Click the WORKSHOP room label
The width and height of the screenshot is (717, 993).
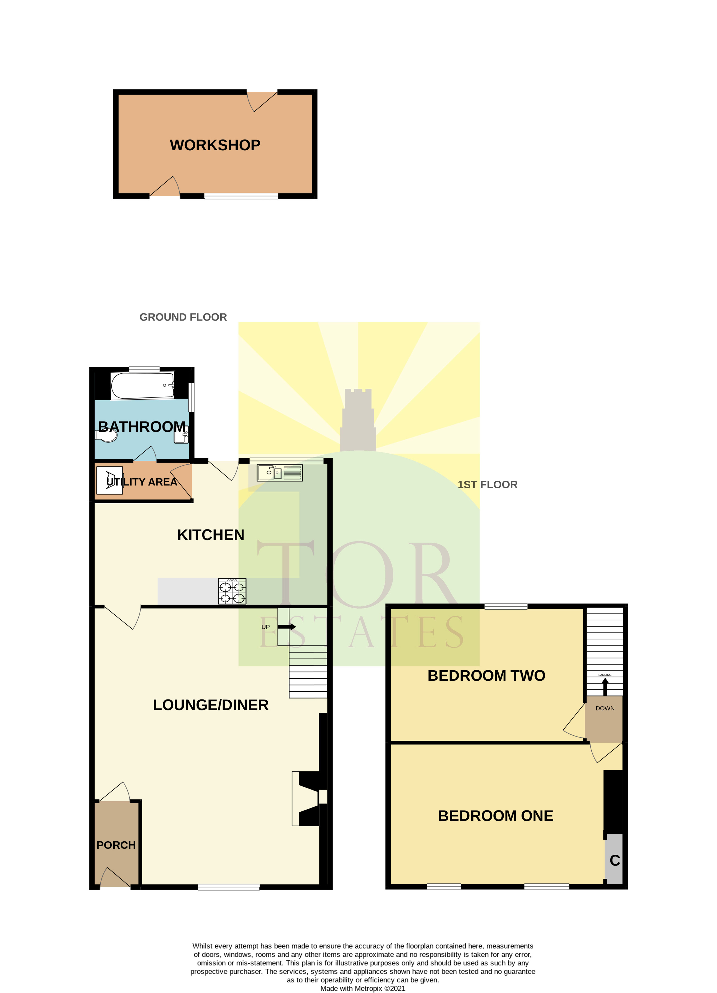215,145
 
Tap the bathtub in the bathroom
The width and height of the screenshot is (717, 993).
142,385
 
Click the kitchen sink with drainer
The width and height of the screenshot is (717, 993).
280,473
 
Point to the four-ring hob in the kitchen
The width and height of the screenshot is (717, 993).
232,591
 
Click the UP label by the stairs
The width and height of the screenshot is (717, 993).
265,627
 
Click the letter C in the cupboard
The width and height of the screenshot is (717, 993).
615,860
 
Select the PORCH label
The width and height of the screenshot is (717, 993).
116,845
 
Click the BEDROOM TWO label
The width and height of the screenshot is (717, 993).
486,675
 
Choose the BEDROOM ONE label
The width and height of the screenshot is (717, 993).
495,816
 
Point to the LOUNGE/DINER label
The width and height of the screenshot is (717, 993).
211,705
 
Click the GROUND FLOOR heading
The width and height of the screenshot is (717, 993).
183,317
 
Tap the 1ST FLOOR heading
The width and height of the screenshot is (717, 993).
487,485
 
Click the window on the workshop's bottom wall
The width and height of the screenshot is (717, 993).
241,196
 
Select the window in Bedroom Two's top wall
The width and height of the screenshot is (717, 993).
506,606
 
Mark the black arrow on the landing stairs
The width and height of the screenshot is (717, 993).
605,687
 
